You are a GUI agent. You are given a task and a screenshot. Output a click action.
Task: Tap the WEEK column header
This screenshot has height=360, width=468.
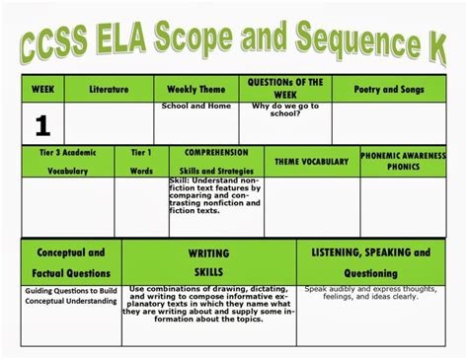coord(42,90)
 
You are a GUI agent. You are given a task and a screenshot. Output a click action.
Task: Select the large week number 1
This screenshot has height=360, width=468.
coord(42,125)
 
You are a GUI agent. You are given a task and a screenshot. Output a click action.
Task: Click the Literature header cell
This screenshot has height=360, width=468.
coord(110,90)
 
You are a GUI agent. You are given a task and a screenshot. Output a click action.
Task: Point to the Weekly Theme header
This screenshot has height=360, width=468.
coord(196,90)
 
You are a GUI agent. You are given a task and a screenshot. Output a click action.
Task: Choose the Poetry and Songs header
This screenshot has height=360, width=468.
coord(389,90)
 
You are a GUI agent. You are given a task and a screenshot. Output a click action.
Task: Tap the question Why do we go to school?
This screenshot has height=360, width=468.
coord(285,109)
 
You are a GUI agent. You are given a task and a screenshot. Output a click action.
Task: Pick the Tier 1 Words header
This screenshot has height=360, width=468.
coord(141,162)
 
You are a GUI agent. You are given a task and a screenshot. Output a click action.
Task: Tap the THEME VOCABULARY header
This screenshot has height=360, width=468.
coord(311,160)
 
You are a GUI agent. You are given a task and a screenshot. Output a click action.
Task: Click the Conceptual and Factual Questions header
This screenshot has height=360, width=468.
coord(70,261)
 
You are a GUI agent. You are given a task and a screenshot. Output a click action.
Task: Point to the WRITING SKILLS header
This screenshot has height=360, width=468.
coord(208,262)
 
